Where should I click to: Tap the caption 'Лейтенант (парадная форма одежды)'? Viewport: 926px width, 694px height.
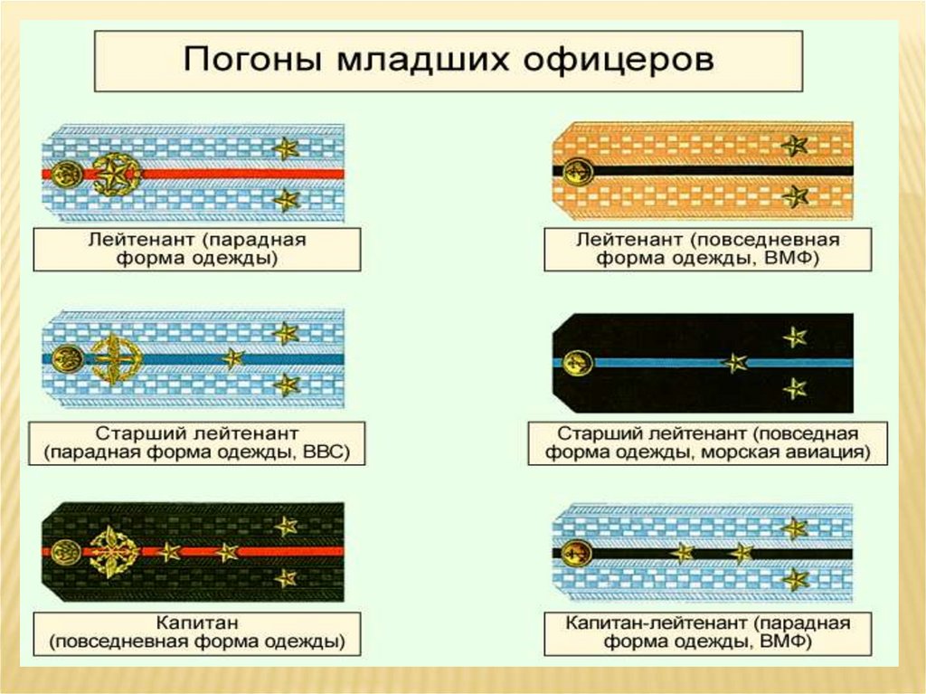(197, 249)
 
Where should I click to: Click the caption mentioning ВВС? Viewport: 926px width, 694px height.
(197, 442)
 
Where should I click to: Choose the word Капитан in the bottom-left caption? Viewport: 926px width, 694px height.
(197, 623)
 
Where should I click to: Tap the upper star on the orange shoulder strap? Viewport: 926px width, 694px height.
(795, 145)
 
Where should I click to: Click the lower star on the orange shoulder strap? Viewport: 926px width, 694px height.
(795, 195)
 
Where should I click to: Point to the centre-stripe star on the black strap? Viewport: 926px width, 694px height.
(734, 364)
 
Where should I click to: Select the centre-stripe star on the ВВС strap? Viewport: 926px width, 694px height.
(233, 359)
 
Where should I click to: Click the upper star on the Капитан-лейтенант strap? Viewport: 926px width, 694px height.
(795, 528)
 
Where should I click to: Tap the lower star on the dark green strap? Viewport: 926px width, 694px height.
(286, 577)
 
